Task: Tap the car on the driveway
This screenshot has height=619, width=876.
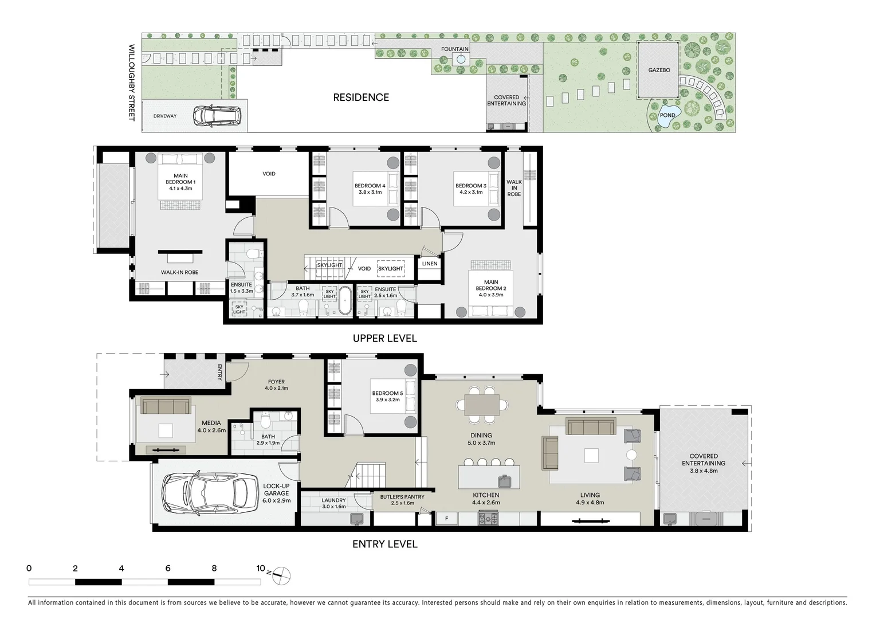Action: point(213,116)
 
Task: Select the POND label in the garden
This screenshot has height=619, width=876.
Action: point(667,115)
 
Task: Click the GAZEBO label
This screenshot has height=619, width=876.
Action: point(659,70)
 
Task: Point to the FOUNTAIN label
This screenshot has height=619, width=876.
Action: point(454,49)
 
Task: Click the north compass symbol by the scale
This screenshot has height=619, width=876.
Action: point(281,574)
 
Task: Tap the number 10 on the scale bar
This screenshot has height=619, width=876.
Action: point(261,569)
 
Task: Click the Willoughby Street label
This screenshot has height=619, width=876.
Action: point(131,83)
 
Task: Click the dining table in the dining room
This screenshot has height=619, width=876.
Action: point(481,405)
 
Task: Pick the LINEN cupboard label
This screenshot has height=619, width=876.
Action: point(430,264)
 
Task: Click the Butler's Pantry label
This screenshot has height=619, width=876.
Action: point(402,500)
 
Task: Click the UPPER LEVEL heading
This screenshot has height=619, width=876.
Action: point(384,338)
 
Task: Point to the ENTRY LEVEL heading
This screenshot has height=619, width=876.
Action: point(384,544)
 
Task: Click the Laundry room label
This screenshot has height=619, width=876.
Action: point(333,503)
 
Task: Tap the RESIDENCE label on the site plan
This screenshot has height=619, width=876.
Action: point(361,97)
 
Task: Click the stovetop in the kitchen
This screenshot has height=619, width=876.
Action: point(488,519)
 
